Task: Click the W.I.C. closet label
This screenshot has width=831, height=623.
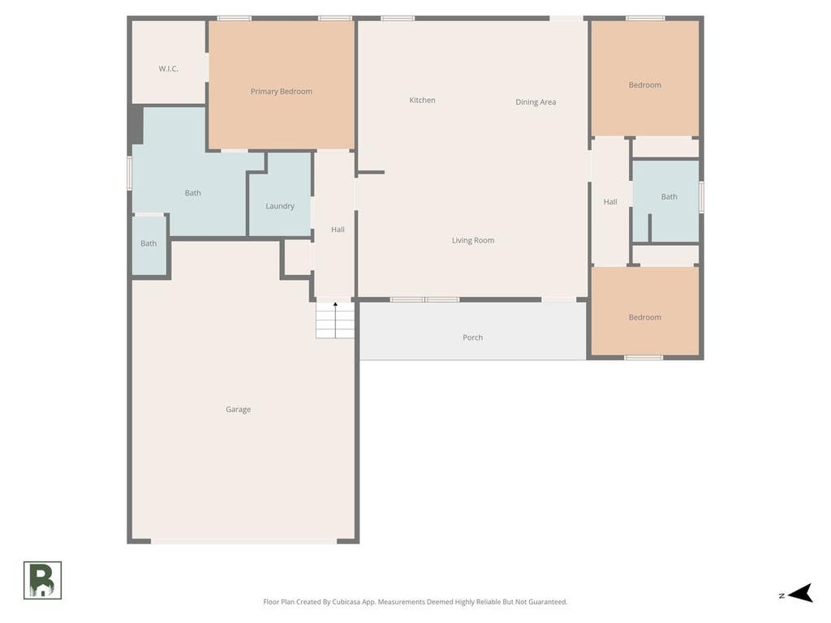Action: (169, 69)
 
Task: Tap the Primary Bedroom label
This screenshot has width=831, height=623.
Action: (282, 92)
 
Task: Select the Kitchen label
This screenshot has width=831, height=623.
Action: (422, 100)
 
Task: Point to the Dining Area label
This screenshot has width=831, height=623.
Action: (536, 102)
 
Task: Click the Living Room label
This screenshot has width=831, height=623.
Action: (473, 240)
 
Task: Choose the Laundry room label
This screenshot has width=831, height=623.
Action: (280, 206)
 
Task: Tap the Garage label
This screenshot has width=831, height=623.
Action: (238, 410)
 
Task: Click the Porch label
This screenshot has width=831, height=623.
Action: (473, 337)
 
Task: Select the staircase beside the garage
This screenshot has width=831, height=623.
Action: (335, 320)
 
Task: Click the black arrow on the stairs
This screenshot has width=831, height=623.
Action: (335, 320)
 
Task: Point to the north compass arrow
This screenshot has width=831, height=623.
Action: (801, 593)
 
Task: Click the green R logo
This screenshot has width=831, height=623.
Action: (42, 581)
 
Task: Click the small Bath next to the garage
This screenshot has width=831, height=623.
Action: (149, 243)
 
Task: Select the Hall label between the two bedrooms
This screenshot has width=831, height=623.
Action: (610, 202)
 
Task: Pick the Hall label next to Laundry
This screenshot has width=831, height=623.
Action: (338, 230)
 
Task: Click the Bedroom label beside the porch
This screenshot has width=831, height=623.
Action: (645, 317)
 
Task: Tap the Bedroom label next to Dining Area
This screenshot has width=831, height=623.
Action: (645, 84)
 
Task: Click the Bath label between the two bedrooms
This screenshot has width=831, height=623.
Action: (670, 197)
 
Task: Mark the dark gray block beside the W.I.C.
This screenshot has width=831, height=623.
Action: (136, 124)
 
